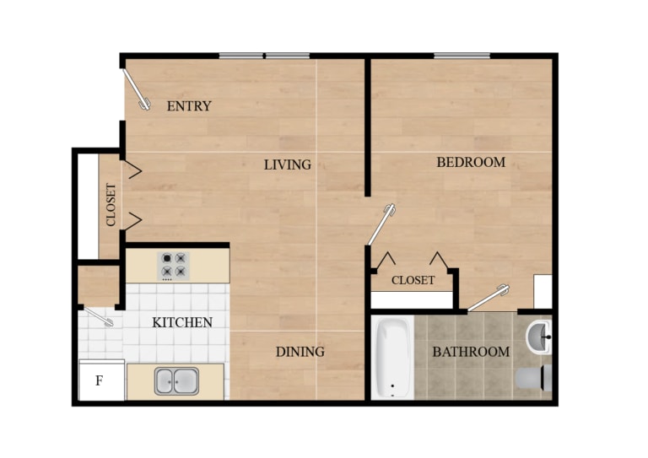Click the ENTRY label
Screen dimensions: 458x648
[x=188, y=106]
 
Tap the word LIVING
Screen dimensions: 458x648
[x=287, y=164]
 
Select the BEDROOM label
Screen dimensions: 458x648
[x=471, y=162]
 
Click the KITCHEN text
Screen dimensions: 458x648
[x=181, y=322]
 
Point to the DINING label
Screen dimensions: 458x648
[x=300, y=352]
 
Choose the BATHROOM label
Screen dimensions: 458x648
[x=471, y=352]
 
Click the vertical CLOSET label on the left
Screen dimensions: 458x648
[x=111, y=205]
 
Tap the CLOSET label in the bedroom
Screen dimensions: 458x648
[x=413, y=280]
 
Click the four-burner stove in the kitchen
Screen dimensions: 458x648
[x=175, y=266]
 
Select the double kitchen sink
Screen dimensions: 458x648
[x=175, y=381]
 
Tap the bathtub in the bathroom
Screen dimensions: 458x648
[x=391, y=358]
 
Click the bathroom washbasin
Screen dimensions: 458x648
[x=538, y=340]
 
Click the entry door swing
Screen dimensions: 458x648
[x=136, y=89]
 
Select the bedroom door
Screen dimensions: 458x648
[x=382, y=223]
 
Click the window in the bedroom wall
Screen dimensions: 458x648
[x=462, y=57]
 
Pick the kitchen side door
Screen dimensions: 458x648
[x=98, y=316]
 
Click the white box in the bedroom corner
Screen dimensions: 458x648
[x=542, y=292]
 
